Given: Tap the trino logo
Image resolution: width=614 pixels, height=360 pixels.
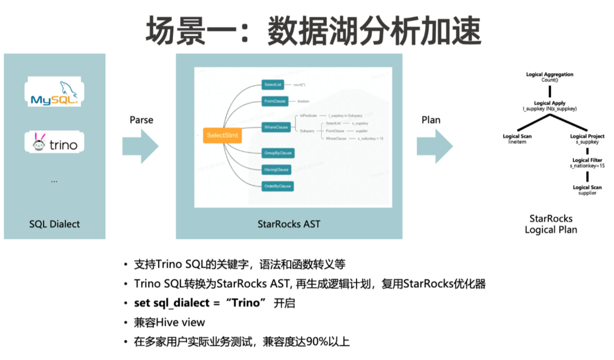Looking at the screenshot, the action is coord(54,143).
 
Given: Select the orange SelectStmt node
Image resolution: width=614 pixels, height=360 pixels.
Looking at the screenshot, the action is coord(223,135).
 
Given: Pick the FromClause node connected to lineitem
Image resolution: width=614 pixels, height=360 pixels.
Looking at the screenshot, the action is coord(275,101).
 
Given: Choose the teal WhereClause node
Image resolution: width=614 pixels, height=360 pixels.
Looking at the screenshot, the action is coord(276,128).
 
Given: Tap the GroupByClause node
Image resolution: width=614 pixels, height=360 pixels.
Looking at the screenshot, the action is coord(278,153).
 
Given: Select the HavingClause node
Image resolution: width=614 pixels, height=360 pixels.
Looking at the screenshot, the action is coord(277,170).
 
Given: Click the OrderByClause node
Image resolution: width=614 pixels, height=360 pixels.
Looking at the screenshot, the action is coord(278,186).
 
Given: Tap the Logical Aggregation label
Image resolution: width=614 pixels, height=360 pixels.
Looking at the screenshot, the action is coord(549,74).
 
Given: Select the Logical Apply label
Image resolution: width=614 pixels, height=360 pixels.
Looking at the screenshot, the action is coord(549,103).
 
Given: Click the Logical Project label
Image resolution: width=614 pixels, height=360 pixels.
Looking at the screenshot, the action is coord(587,136).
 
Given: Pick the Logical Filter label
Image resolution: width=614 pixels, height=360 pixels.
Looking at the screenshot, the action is coord(587,160).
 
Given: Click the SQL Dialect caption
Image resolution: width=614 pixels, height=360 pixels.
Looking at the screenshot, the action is coord(54,224).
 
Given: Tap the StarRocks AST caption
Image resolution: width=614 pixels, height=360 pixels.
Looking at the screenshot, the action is coord(289,224).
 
